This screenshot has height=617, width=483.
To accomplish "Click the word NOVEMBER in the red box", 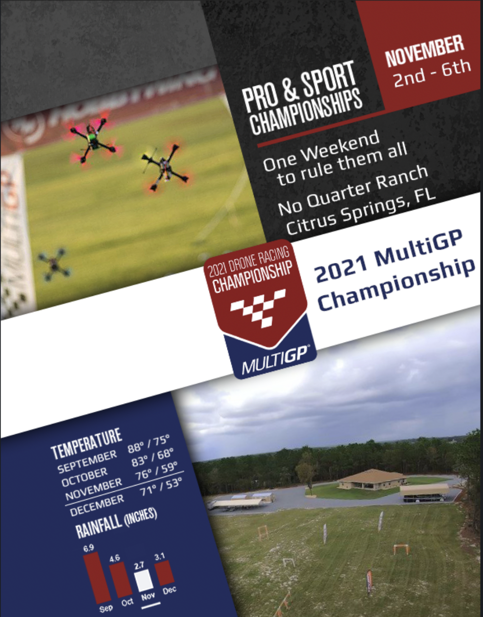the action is pos(425,51).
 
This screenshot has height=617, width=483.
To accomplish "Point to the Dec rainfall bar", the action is pos(164,572).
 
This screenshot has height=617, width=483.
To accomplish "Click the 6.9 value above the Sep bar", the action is pos(89,548).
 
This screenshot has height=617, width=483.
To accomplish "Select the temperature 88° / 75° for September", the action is pos(148,445).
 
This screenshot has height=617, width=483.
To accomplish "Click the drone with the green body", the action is pos(94,140).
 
